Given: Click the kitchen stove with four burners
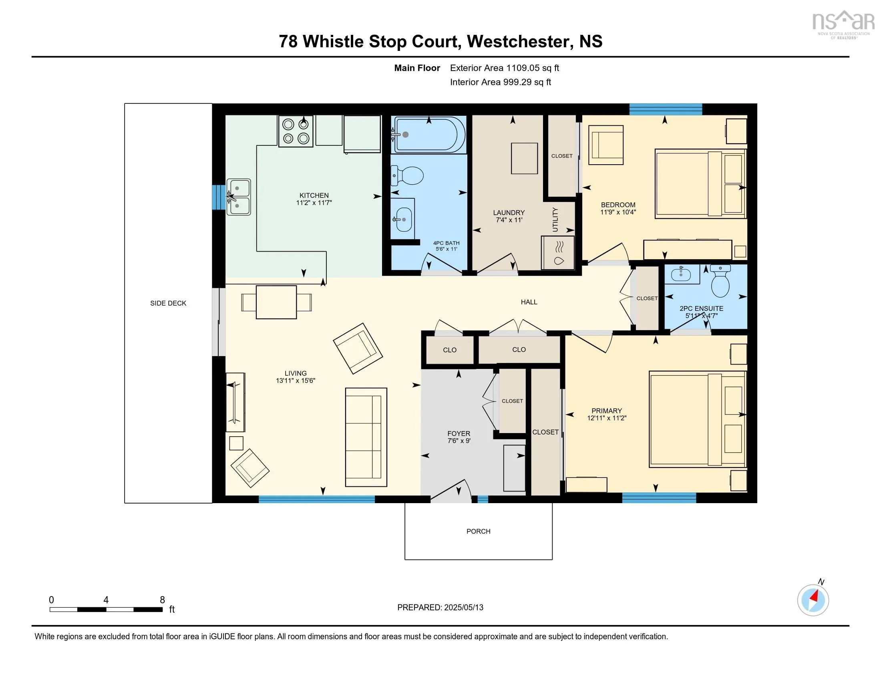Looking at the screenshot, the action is click(x=296, y=131).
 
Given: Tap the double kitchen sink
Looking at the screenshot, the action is click(x=238, y=197).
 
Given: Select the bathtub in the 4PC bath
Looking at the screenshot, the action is click(x=430, y=134).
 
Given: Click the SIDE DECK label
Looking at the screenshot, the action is click(x=168, y=303).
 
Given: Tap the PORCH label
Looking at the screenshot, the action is click(x=479, y=531).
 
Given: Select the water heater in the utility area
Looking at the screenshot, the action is click(x=558, y=252).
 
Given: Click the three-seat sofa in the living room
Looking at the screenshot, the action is click(x=366, y=437).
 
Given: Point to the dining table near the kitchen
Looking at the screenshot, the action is click(x=276, y=302).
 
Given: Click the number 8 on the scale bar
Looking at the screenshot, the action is click(x=162, y=600).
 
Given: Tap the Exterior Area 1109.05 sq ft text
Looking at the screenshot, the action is click(x=504, y=68).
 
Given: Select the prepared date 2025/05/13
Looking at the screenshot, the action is click(x=463, y=607).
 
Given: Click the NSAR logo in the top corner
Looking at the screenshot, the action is click(x=843, y=23).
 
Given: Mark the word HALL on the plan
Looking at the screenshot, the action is click(x=529, y=302).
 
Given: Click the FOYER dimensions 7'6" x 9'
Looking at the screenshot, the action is click(x=459, y=441).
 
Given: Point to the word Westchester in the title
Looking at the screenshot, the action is click(x=518, y=42).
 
